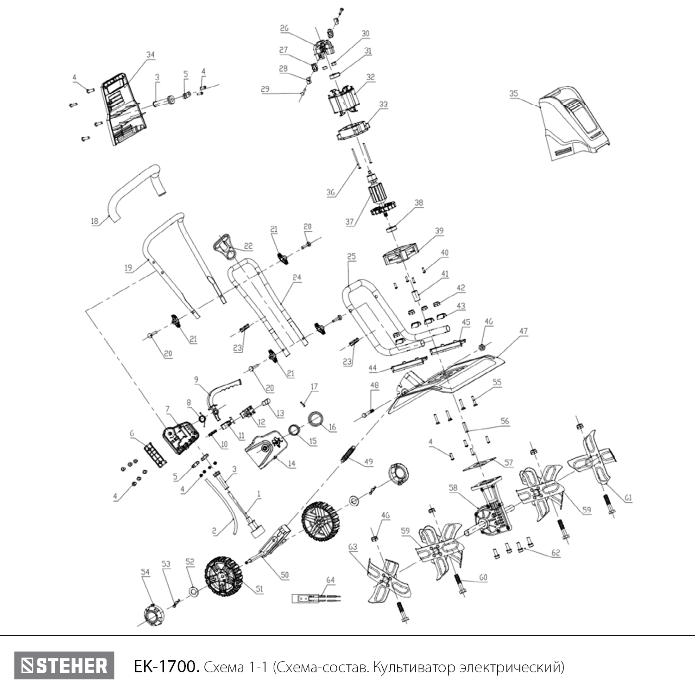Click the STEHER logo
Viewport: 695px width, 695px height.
click(x=64, y=666)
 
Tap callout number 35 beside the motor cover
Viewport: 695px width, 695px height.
click(x=513, y=94)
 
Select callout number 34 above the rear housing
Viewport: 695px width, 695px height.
click(x=150, y=55)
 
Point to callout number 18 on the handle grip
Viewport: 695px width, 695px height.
click(x=95, y=221)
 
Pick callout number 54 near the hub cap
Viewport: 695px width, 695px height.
click(x=145, y=572)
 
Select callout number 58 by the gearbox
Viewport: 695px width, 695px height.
click(x=453, y=487)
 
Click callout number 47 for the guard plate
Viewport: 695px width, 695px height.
click(x=523, y=331)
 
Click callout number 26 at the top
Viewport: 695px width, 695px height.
click(x=284, y=28)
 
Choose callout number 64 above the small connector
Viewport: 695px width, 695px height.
click(x=330, y=580)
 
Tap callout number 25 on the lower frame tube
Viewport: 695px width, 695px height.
click(x=351, y=256)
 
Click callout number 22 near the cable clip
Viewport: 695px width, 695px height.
click(x=248, y=246)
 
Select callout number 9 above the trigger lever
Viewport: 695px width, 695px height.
click(x=196, y=379)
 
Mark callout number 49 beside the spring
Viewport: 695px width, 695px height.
click(x=369, y=461)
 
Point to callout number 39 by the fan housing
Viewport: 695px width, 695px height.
click(x=439, y=231)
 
